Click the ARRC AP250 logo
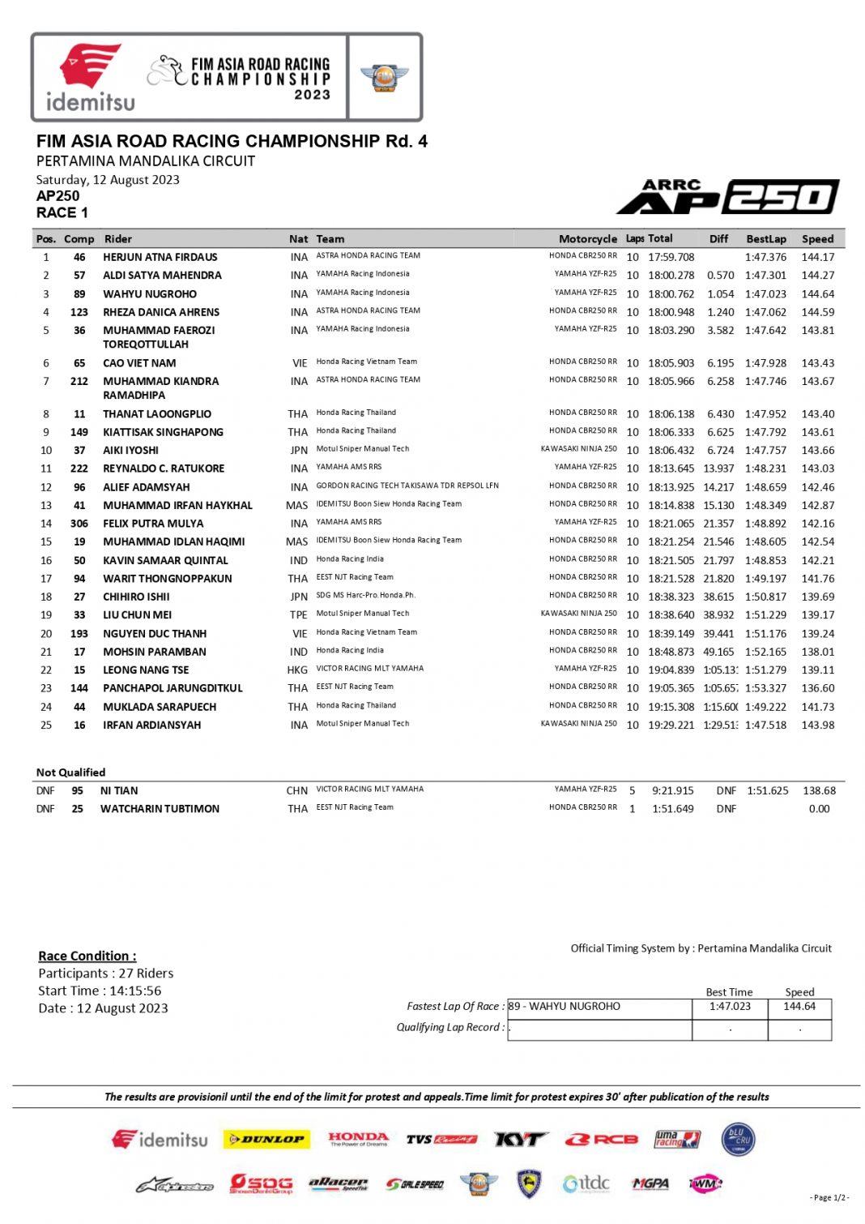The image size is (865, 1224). pyautogui.click(x=727, y=197)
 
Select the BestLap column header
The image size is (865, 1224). pyautogui.click(x=765, y=239)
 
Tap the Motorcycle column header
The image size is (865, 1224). pyautogui.click(x=587, y=239)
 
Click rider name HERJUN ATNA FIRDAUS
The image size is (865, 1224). pyautogui.click(x=160, y=258)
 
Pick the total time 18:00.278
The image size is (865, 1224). pyautogui.click(x=671, y=276)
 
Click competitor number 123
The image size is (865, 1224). pyautogui.click(x=79, y=312)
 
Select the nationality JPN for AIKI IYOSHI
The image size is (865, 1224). pyautogui.click(x=299, y=451)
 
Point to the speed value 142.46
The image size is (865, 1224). pyautogui.click(x=817, y=487)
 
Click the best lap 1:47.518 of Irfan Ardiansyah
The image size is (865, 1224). pyautogui.click(x=765, y=725)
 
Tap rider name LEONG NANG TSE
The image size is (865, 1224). pyautogui.click(x=146, y=670)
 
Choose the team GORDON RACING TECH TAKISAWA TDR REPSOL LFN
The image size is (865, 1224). pyautogui.click(x=407, y=486)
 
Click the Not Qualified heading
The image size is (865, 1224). pyautogui.click(x=70, y=772)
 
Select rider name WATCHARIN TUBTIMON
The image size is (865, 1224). pyautogui.click(x=160, y=809)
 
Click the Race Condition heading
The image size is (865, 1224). pyautogui.click(x=87, y=957)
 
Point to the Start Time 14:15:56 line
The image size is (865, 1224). pyautogui.click(x=100, y=991)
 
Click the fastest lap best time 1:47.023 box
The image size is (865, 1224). pyautogui.click(x=730, y=1007)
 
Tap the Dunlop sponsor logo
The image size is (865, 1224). pyautogui.click(x=266, y=1140)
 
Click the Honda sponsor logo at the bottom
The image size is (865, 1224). pyautogui.click(x=358, y=1139)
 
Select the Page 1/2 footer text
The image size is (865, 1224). pyautogui.click(x=829, y=1198)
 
